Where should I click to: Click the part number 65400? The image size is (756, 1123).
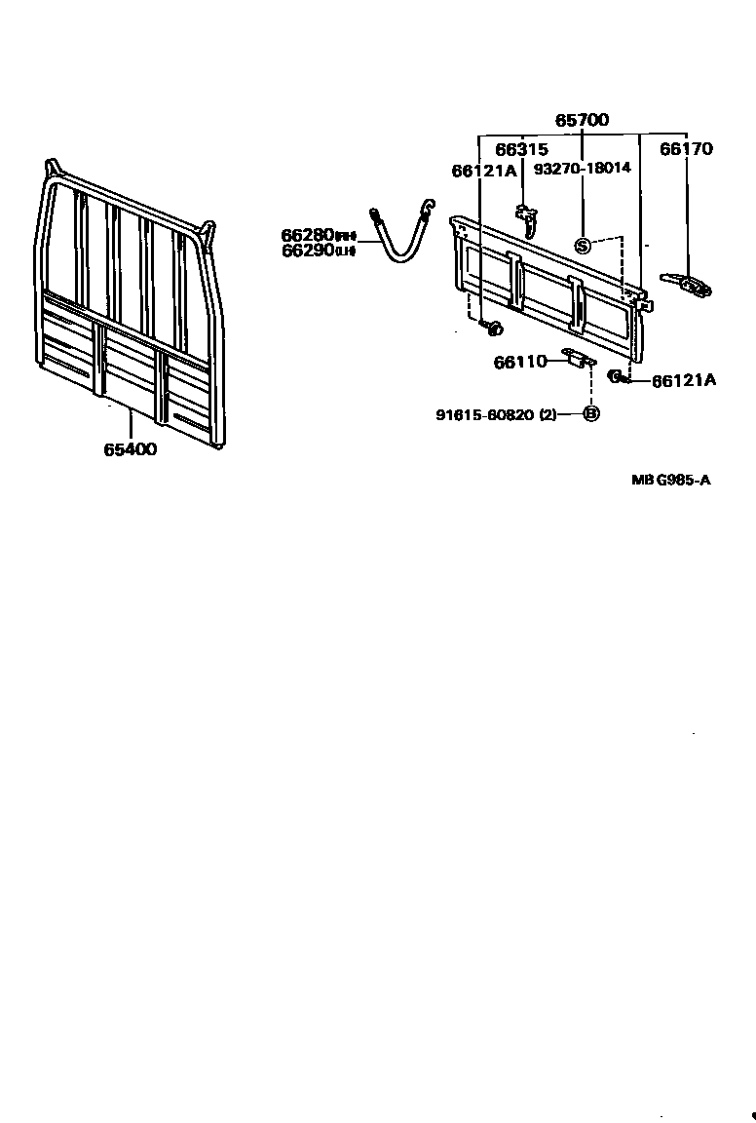[130, 449]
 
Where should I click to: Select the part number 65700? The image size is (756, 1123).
[582, 121]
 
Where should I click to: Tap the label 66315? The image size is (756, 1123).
[521, 149]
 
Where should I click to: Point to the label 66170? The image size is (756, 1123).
[686, 149]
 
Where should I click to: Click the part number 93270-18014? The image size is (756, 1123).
[583, 168]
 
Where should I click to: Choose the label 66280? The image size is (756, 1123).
[308, 235]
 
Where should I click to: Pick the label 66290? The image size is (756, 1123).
[308, 250]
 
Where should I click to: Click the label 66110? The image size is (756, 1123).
[520, 362]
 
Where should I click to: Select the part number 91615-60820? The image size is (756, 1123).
[485, 414]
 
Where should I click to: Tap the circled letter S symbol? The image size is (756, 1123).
[583, 245]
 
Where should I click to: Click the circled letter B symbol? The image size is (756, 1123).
[590, 414]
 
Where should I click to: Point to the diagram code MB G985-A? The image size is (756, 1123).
[669, 480]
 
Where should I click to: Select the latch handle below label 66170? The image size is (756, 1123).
[689, 285]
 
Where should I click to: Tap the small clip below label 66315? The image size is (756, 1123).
[527, 219]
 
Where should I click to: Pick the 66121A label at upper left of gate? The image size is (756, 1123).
[483, 171]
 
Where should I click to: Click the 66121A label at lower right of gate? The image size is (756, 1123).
[683, 381]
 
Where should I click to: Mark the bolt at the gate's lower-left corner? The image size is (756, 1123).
[492, 326]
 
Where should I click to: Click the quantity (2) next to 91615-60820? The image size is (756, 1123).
[548, 414]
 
